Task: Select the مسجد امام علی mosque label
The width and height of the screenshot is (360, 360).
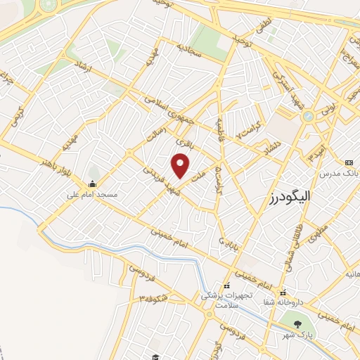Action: click(x=93, y=193)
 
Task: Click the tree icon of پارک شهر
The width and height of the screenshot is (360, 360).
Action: click(x=297, y=325)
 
